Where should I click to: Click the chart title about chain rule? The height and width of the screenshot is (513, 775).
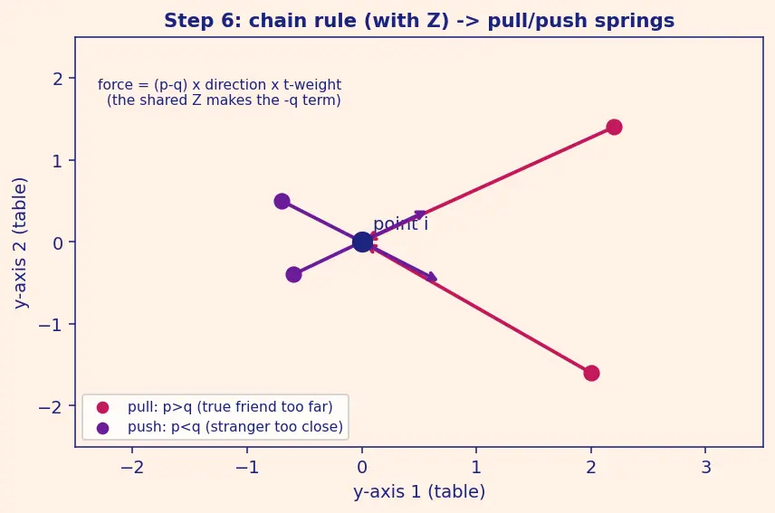coord(419,21)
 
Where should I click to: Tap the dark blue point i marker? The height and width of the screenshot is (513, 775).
coord(362,242)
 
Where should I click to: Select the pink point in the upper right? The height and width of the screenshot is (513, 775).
coord(614,127)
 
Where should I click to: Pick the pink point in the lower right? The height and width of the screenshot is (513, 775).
coord(591,374)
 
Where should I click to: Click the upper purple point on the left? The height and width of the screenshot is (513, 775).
coord(282,201)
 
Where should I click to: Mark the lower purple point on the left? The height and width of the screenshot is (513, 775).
coord(293,274)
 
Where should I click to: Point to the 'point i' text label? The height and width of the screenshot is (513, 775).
coord(400,223)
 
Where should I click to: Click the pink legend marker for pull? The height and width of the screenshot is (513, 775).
coord(102,407)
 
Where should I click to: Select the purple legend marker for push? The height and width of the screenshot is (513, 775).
coord(102,428)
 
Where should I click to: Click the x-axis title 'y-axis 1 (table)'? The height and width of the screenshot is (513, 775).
coord(419,492)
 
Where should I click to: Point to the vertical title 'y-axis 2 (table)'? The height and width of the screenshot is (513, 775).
coord(20,242)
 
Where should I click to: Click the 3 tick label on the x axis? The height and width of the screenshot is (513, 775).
coord(706,467)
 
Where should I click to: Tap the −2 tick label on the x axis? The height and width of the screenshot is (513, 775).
coord(132,467)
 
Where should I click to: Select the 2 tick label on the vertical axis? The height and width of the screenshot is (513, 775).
coord(58,79)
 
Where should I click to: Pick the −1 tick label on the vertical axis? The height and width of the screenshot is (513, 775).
coord(52,325)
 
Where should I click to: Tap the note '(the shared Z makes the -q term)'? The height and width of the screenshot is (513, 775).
coord(224,100)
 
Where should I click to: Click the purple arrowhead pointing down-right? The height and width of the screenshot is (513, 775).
coord(431,277)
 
